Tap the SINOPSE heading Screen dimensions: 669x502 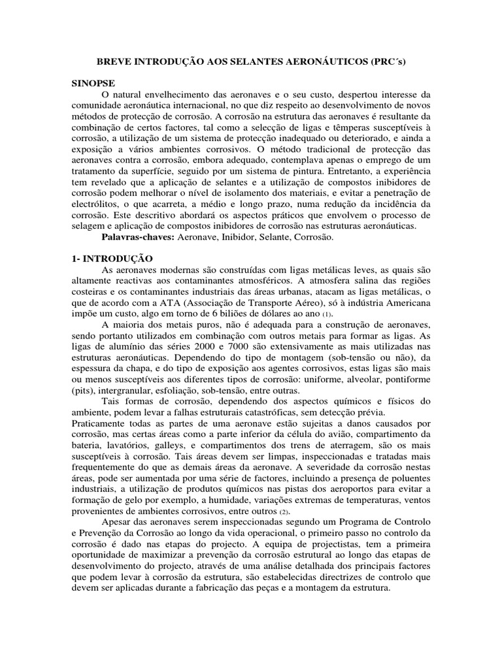(92, 84)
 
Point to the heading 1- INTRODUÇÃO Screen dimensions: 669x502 (112, 259)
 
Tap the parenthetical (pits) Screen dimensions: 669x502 (83, 383)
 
